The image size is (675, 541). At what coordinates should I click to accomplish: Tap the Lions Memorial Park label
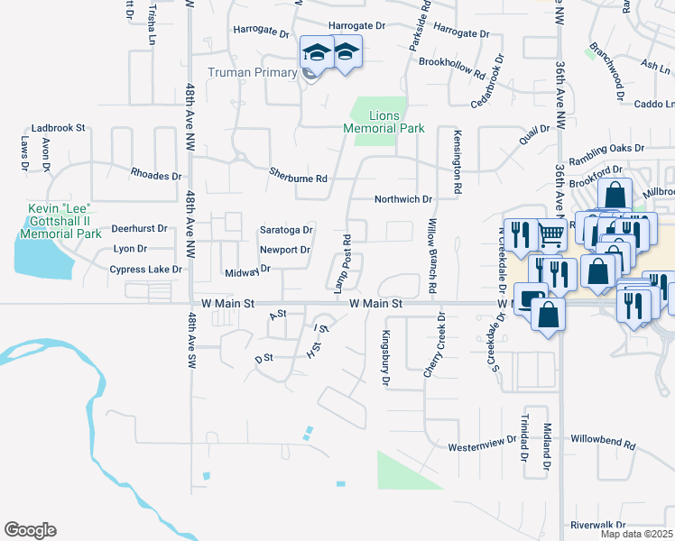point(384,122)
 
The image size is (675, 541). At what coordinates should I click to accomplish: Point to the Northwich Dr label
point(404,199)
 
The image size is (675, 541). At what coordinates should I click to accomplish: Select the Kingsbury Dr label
point(385,357)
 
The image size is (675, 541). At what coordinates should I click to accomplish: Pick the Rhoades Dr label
point(156,175)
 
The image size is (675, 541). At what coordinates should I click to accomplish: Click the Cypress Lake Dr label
point(145,270)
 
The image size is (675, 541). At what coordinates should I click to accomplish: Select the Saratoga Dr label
point(286,230)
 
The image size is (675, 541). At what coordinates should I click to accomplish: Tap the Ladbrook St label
point(57,129)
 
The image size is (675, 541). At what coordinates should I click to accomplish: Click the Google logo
point(30,530)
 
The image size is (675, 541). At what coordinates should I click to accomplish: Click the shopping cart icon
point(550,234)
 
